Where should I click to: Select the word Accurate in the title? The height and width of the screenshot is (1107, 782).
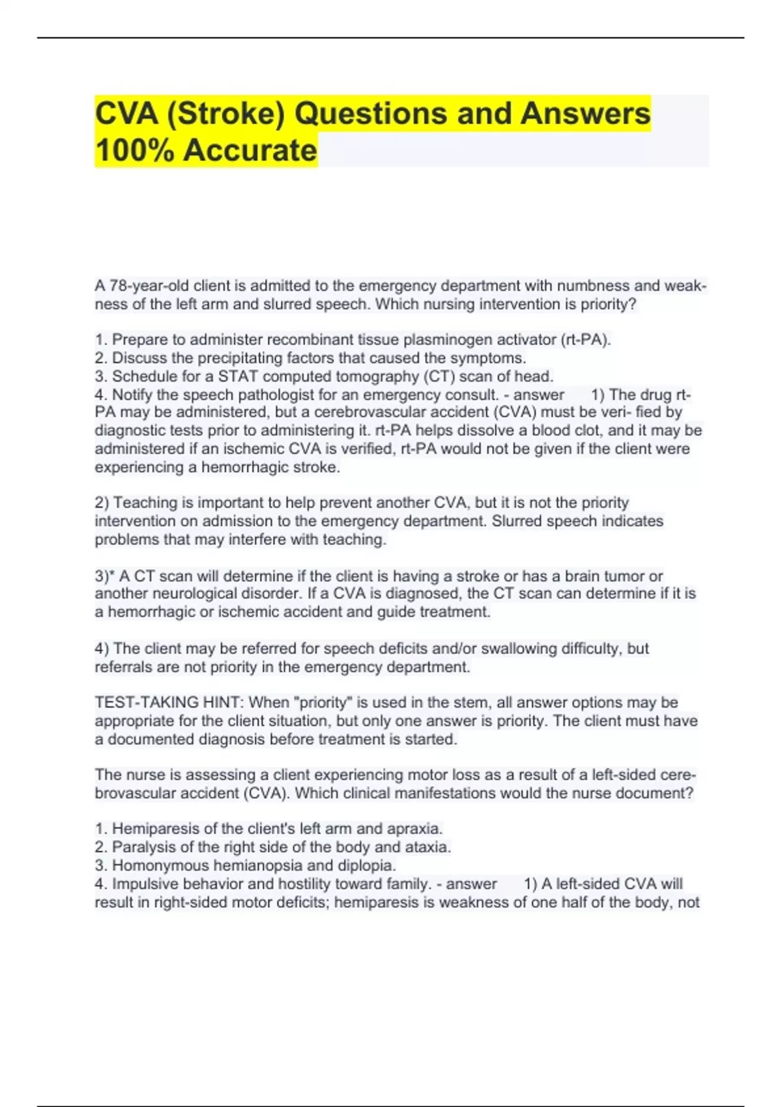[x=250, y=151]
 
